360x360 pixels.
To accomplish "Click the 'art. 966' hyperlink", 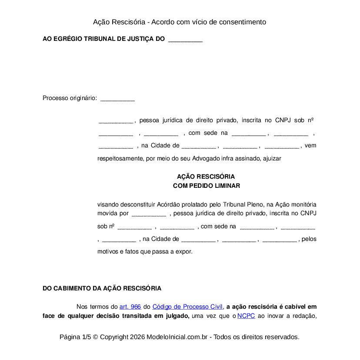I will [x=130, y=307].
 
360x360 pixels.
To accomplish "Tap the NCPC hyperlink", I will [x=246, y=316].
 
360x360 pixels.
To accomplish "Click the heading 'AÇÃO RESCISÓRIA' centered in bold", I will [x=206, y=177].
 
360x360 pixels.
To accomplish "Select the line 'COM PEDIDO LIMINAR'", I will [x=206, y=186].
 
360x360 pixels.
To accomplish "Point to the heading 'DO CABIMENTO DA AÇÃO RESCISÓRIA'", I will [x=102, y=288].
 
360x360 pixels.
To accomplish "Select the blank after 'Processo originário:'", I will [x=117, y=99].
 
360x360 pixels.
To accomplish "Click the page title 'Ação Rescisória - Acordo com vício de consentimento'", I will [x=180, y=22].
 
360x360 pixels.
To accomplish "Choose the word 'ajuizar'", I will [x=272, y=158].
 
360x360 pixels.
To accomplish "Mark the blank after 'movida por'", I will [x=149, y=214].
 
